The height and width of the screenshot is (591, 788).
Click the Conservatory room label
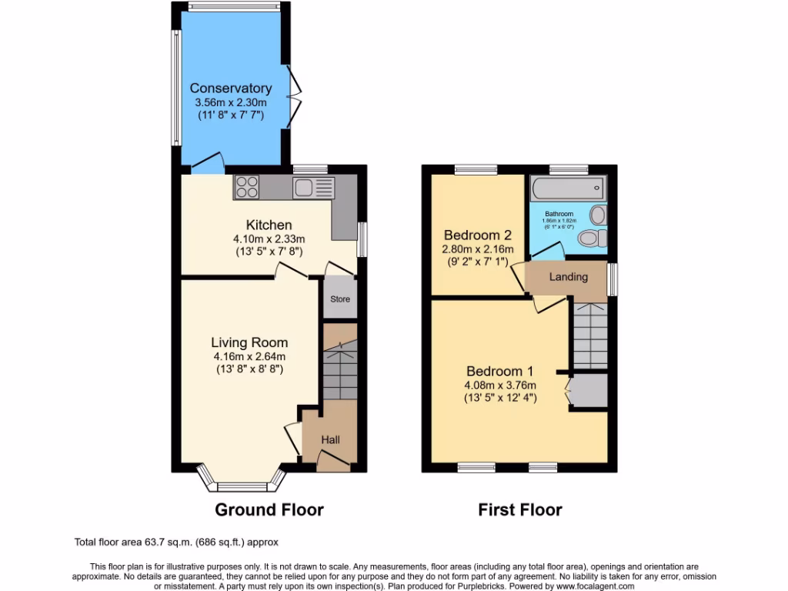point(230,88)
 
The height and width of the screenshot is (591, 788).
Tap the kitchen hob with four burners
point(248,186)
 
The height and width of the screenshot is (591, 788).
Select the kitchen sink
point(304,186)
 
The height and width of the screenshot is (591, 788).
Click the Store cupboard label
point(340,299)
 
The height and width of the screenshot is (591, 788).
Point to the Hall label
point(330,439)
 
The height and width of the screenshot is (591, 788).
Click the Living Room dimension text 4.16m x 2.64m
point(249,356)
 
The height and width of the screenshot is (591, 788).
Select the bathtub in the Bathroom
point(568,187)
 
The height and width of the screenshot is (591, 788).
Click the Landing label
point(568,277)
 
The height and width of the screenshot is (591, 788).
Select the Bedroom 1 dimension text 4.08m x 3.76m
point(499,385)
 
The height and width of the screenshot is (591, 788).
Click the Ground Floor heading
point(269,509)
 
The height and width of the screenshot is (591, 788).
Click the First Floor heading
point(519,509)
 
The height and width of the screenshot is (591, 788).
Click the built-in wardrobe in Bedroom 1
point(589,390)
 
